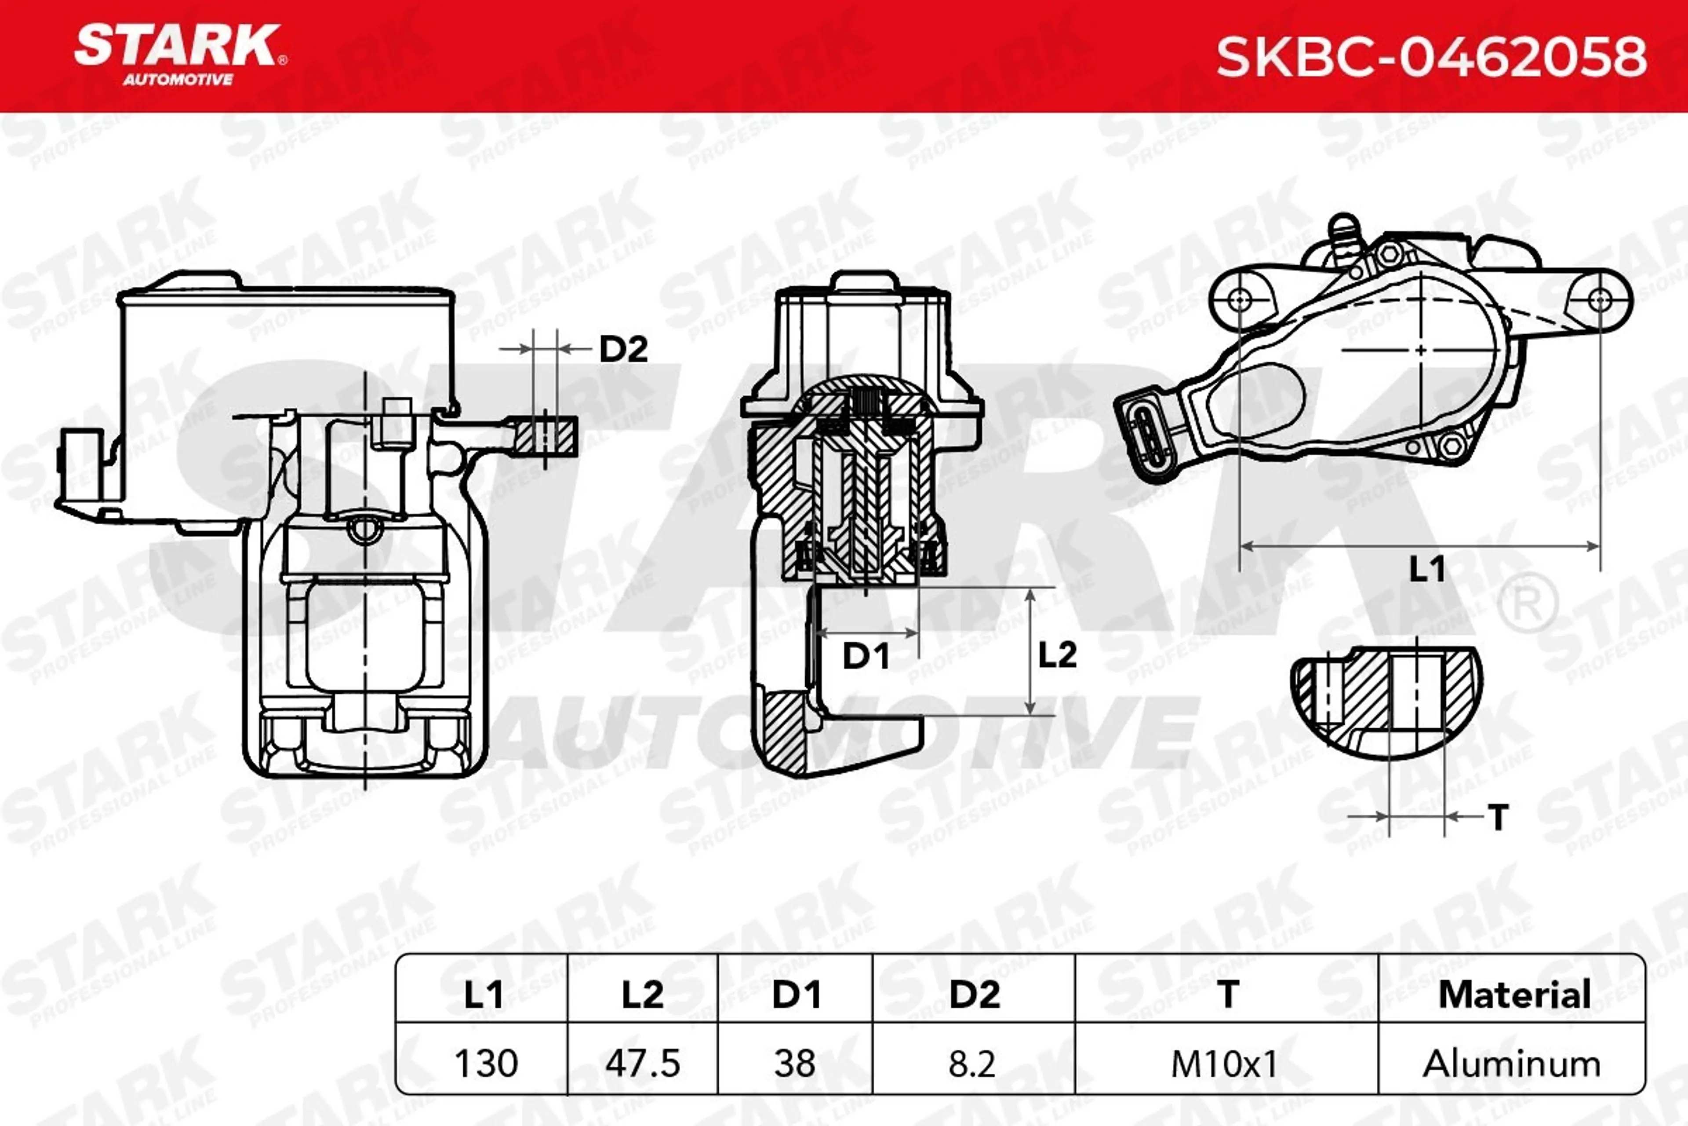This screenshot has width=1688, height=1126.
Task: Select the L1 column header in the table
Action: point(482,994)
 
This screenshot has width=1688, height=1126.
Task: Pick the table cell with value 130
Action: point(486,1063)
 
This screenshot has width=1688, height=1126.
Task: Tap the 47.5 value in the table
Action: point(642,1063)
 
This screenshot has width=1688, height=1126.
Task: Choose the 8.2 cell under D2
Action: point(972,1063)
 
